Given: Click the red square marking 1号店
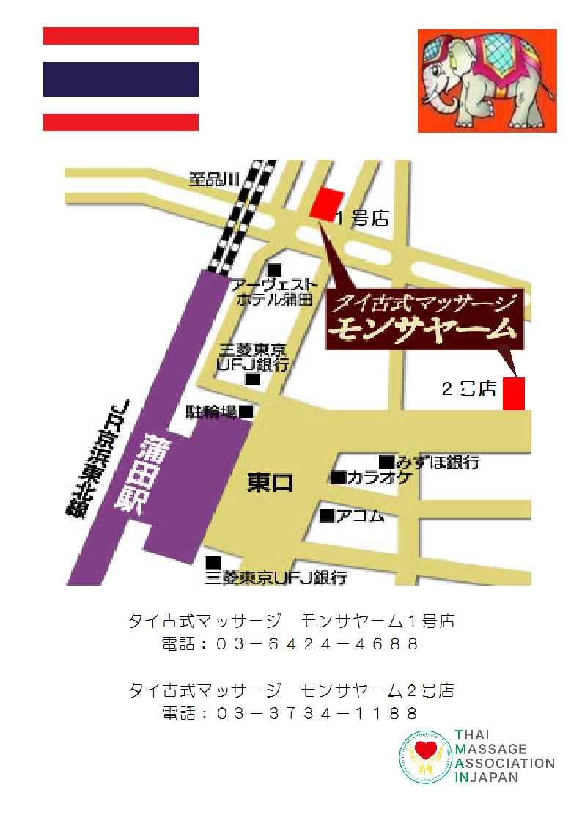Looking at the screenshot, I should pyautogui.click(x=327, y=203).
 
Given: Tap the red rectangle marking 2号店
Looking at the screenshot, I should pyautogui.click(x=514, y=394).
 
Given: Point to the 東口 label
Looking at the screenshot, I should pyautogui.click(x=270, y=483).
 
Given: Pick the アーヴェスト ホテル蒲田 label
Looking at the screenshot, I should pyautogui.click(x=276, y=292).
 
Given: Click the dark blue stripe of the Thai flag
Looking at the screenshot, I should pyautogui.click(x=121, y=79).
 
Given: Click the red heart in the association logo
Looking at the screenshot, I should pyautogui.click(x=425, y=750).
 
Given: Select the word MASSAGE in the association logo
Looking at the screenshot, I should pyautogui.click(x=491, y=749).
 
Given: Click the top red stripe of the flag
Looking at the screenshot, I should pyautogui.click(x=121, y=36).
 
